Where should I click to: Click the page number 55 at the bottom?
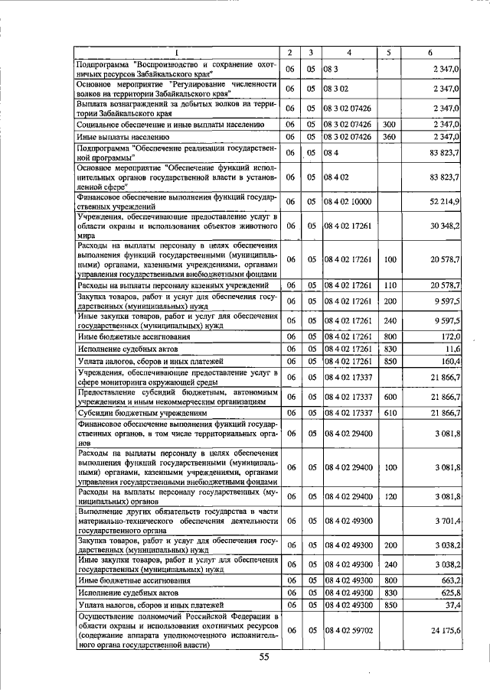pyautogui.click(x=264, y=657)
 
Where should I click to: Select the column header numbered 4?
pyautogui.click(x=348, y=53)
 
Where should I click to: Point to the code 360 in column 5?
pyautogui.click(x=389, y=137)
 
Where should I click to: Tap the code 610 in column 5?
pyautogui.click(x=389, y=413)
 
